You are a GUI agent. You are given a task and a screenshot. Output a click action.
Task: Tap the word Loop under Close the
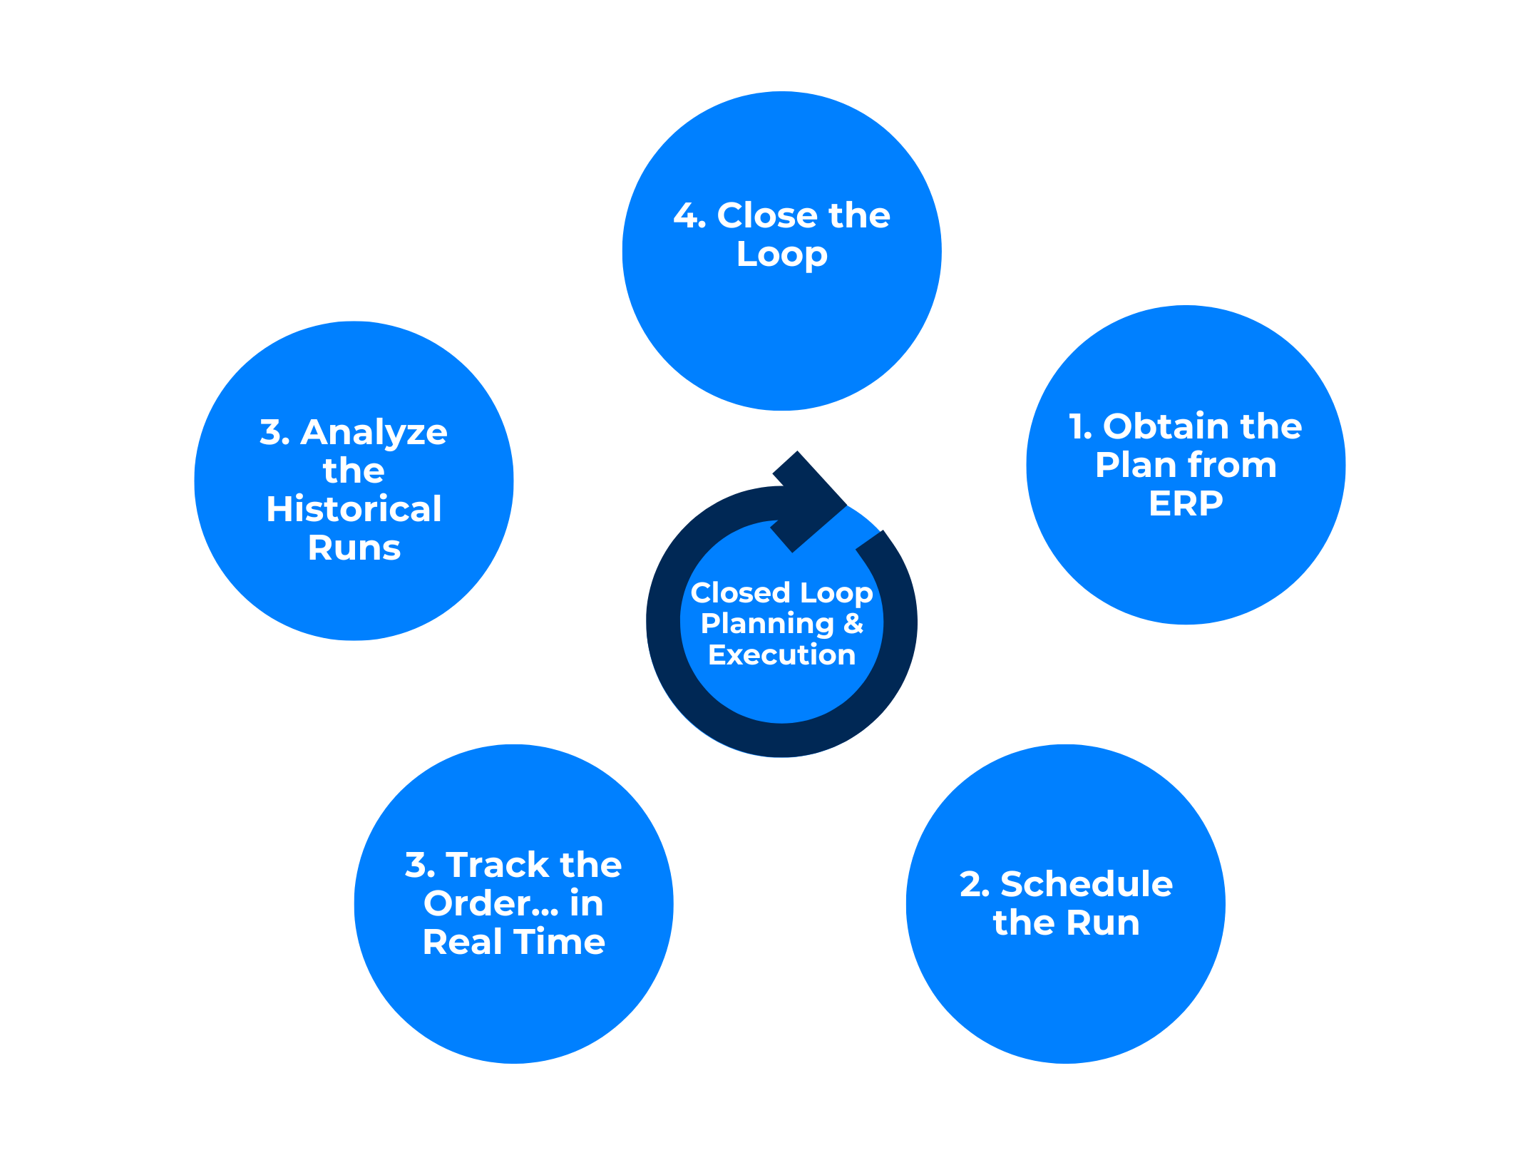782,255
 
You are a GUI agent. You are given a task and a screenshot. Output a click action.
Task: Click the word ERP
1186,503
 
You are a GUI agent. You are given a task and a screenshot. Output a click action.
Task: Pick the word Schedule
1087,884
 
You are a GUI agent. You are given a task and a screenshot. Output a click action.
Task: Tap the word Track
498,865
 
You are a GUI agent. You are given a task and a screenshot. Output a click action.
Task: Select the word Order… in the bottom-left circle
491,903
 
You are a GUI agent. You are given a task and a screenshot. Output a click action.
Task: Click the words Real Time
513,942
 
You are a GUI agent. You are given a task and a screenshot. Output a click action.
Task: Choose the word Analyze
374,432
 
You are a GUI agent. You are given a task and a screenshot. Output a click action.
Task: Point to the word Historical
354,509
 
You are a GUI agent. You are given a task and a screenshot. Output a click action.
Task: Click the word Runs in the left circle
354,548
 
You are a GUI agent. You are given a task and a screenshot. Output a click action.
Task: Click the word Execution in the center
781,654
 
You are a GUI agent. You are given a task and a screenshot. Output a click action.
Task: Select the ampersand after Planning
853,623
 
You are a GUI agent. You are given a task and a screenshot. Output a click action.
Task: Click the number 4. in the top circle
689,215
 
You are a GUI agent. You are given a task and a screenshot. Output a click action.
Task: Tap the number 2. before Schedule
975,884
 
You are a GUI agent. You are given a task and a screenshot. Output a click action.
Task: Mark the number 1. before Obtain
1080,426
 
